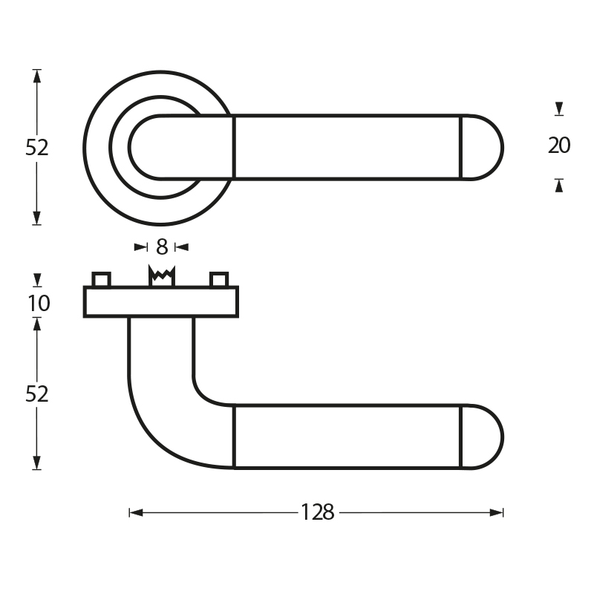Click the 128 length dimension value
[x=318, y=512]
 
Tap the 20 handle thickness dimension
[x=559, y=146]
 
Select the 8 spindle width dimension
[x=162, y=247]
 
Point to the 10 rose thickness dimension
[x=39, y=303]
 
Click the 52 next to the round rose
[x=36, y=148]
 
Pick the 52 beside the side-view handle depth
[x=36, y=394]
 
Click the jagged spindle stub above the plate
[x=162, y=275]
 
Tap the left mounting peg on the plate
[x=102, y=279]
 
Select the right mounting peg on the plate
[x=219, y=279]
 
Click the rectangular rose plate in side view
[x=161, y=301]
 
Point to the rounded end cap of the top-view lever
[x=481, y=147]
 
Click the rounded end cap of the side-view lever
[x=481, y=437]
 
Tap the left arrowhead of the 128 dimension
[x=136, y=512]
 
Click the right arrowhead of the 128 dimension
[x=496, y=512]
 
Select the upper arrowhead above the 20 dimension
[x=559, y=108]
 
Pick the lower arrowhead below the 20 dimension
[x=559, y=186]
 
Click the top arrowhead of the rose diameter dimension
[x=36, y=76]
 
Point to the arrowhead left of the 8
[x=141, y=247]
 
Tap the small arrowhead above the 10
[x=36, y=280]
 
